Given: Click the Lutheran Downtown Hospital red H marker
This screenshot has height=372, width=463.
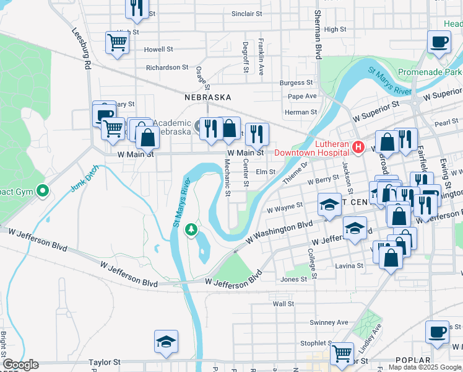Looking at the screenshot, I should click(x=357, y=147).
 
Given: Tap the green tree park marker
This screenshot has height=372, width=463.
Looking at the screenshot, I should click(x=192, y=230).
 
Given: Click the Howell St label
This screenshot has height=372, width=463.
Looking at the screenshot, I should click(x=158, y=49).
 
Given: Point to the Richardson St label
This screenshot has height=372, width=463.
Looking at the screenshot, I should click(x=167, y=67).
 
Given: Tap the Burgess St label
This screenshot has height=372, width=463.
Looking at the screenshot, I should click(x=296, y=82).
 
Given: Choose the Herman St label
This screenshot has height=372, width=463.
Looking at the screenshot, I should click(x=300, y=112).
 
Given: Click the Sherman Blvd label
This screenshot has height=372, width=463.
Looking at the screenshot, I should click(x=318, y=35).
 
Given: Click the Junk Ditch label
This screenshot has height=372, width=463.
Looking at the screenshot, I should click(x=84, y=179).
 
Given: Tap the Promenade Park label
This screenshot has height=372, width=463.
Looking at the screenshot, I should click(x=431, y=72).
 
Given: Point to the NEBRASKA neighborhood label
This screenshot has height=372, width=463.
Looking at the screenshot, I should click(x=207, y=97).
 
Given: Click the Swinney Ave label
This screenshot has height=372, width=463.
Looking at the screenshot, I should click(x=329, y=322).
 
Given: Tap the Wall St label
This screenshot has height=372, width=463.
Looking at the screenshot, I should click(x=283, y=304).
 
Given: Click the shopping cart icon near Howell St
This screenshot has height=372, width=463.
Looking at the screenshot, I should click(x=116, y=43).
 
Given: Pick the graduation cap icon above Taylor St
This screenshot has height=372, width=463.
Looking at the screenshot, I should click(x=166, y=342).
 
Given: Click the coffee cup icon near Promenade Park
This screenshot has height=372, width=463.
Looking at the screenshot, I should click(x=439, y=42).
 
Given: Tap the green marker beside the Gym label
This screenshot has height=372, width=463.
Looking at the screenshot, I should click(x=42, y=190).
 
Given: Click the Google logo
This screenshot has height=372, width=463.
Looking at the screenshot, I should click(x=20, y=365).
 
